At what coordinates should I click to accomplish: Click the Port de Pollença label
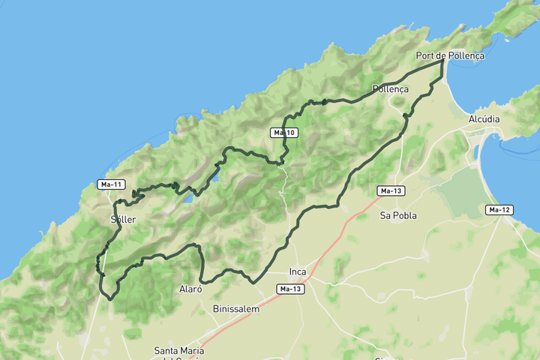point(450,55)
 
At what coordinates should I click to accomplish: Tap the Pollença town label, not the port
point(390,88)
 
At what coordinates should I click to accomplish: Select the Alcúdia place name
point(483,119)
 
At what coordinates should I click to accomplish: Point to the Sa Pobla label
point(398,215)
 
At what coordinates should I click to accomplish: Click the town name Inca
point(298,272)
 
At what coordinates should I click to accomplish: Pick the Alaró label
point(190,289)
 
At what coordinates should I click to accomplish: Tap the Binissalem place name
point(235,308)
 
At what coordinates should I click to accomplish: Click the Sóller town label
point(122,219)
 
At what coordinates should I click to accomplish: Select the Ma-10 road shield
point(285,133)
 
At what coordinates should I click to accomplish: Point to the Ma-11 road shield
point(111,184)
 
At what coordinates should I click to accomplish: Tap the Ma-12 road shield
point(499,209)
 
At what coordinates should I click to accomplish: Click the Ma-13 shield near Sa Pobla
point(391,190)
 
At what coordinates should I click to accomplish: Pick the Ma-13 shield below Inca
point(291,289)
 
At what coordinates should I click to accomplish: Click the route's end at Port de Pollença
point(442,62)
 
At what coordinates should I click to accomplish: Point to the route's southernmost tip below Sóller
point(110,298)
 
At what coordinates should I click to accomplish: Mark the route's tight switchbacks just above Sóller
point(136,195)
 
